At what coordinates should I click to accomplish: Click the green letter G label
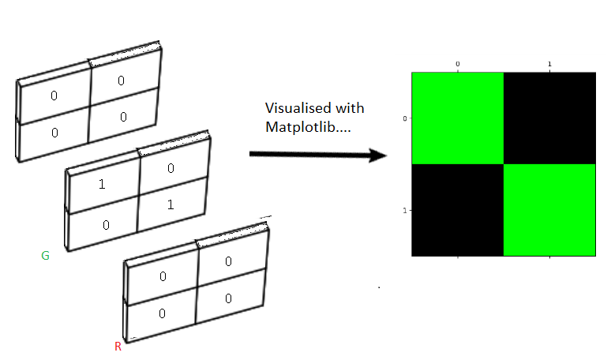(45, 256)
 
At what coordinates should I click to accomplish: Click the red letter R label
(118, 347)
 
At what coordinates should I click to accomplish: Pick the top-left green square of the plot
(457, 118)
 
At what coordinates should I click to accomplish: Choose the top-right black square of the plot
(549, 118)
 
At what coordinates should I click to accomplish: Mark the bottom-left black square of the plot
(457, 209)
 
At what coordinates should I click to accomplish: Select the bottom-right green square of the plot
(549, 209)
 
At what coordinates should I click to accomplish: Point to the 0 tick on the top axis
(457, 62)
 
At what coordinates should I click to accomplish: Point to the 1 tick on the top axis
(549, 62)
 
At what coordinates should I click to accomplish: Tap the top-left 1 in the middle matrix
(102, 185)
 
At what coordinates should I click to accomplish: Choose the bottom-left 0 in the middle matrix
(105, 225)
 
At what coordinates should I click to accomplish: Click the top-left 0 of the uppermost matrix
(54, 96)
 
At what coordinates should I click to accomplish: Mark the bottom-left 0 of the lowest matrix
(162, 313)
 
